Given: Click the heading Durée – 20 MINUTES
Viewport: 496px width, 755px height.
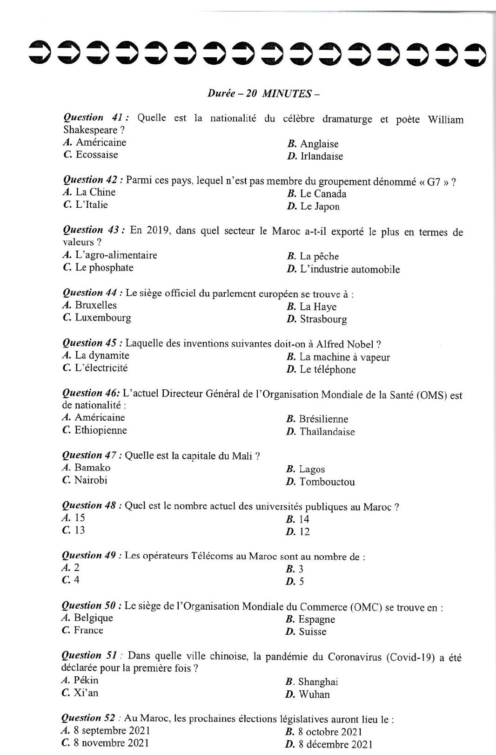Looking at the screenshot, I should [x=263, y=93].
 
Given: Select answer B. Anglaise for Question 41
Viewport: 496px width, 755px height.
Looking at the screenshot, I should [x=313, y=144].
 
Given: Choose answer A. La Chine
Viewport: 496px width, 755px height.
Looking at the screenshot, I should [x=89, y=192].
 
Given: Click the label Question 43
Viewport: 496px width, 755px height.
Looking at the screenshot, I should [x=93, y=230].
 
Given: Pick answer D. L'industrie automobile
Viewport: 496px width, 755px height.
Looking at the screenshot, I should [x=343, y=269].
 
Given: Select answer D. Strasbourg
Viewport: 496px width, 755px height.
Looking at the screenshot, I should [x=317, y=319].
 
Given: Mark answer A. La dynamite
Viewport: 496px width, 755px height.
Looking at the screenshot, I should [x=96, y=355].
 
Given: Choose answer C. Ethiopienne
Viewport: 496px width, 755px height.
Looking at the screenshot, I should [x=94, y=430].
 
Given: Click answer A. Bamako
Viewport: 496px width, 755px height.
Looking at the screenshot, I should [x=87, y=468].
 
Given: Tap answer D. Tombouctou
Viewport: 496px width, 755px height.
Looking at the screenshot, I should [x=321, y=482].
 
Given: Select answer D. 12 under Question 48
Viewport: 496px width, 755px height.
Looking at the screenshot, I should [x=298, y=531].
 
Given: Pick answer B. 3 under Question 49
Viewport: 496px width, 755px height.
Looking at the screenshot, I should [x=295, y=569].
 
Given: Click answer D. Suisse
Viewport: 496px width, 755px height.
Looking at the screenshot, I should [x=306, y=632].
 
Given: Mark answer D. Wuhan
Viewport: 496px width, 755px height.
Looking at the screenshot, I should [x=308, y=694].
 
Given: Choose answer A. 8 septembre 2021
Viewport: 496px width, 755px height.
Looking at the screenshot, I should [x=106, y=730].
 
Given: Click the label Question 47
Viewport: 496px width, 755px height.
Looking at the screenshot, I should [x=92, y=455].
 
